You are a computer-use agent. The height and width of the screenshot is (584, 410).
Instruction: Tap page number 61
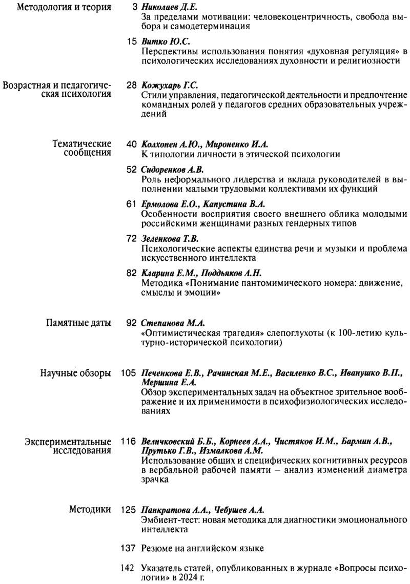point(131,204)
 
